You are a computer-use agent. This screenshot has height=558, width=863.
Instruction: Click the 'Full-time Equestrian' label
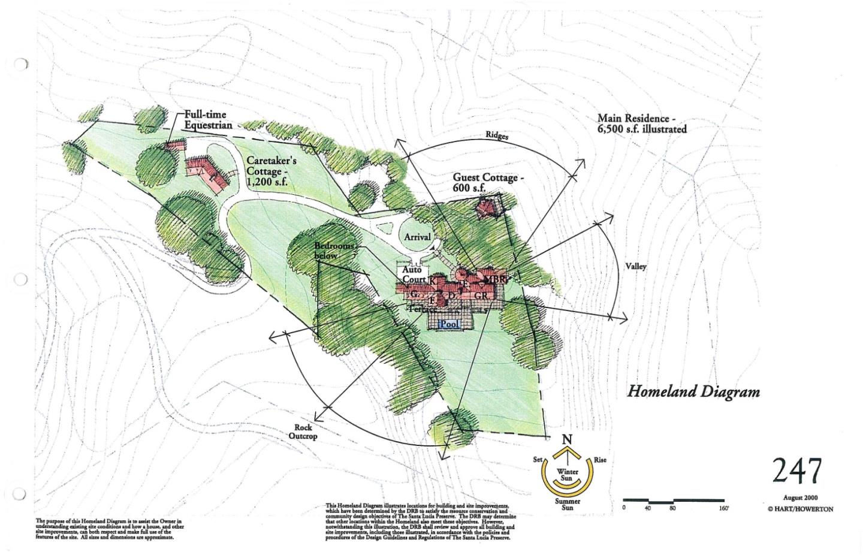pyautogui.click(x=208, y=120)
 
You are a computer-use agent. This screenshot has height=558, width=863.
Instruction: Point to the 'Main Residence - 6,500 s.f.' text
pyautogui.click(x=641, y=124)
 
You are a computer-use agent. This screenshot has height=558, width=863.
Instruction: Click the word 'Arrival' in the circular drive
pyautogui.click(x=417, y=237)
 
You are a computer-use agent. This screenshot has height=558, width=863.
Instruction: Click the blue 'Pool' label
pyautogui.click(x=449, y=324)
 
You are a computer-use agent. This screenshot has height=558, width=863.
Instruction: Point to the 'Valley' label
pyautogui.click(x=636, y=266)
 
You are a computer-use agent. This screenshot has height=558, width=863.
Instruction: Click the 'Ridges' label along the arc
pyautogui.click(x=497, y=136)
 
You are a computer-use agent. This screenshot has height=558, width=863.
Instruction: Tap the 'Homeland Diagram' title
pyautogui.click(x=693, y=392)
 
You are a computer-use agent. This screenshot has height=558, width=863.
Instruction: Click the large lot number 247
pyautogui.click(x=797, y=470)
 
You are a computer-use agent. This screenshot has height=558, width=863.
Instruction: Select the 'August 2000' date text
pyautogui.click(x=800, y=497)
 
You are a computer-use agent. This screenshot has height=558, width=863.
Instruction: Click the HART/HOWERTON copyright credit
pyautogui.click(x=800, y=509)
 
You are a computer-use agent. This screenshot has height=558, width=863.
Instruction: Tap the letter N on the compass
pyautogui.click(x=566, y=440)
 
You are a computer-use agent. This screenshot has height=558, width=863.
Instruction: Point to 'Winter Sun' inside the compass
pyautogui.click(x=567, y=475)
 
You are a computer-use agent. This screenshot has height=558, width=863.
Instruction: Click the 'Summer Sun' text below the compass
pyautogui.click(x=567, y=505)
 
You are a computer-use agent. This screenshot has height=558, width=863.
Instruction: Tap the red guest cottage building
pyautogui.click(x=490, y=209)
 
